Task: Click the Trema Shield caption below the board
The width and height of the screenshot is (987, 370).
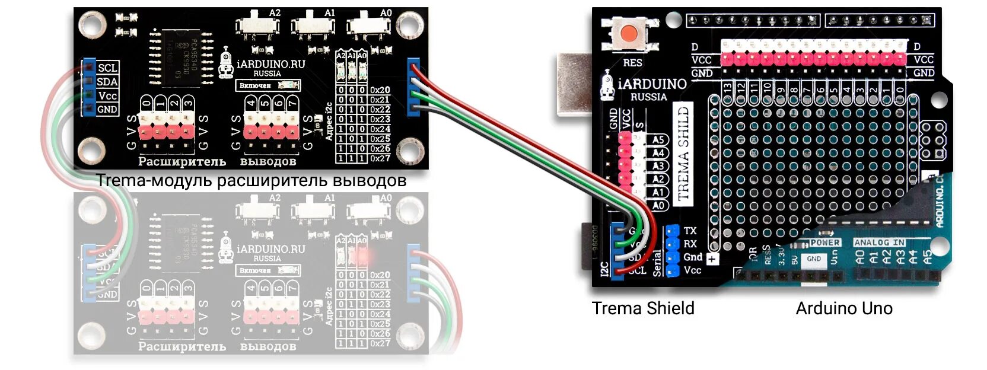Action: pos(643,308)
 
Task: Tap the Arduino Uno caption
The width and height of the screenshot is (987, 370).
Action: pos(843,308)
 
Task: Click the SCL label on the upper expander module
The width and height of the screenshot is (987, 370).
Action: pos(107,68)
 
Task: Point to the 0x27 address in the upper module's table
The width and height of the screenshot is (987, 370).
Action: pos(380,158)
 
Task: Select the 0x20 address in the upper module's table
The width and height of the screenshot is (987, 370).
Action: pos(380,90)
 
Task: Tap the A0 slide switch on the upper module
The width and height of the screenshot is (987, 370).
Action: pos(369,25)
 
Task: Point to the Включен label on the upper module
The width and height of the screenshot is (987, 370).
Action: pos(255,85)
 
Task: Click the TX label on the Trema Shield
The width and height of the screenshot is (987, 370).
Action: pos(690,231)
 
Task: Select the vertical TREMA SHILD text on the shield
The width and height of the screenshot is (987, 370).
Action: pos(683,154)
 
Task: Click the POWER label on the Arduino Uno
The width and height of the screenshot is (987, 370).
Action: pos(824,243)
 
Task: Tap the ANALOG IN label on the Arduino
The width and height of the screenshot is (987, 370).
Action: pos(879,243)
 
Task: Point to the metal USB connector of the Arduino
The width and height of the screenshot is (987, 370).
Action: pos(573,84)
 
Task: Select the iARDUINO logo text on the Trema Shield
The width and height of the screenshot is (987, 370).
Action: pos(651,84)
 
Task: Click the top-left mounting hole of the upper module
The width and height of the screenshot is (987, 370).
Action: pos(92,25)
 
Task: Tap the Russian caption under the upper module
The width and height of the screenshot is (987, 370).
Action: pos(251,180)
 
